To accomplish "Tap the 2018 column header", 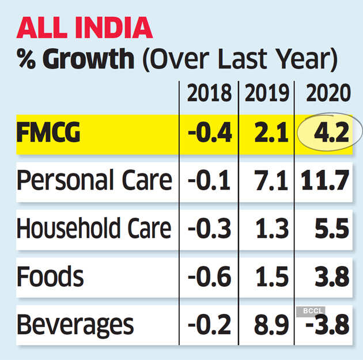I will [x=209, y=93].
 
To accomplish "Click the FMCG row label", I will [x=48, y=134].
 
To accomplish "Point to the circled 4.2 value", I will [x=330, y=134].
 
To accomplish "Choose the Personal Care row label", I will [x=94, y=181].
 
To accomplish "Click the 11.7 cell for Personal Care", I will [x=325, y=181].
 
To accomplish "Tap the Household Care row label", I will [x=94, y=229].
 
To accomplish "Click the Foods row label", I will [x=50, y=277].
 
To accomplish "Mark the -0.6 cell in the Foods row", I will [x=210, y=277].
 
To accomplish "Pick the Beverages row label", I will [x=75, y=325].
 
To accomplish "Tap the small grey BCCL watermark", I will [x=310, y=311].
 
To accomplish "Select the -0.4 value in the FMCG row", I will [x=210, y=134].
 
